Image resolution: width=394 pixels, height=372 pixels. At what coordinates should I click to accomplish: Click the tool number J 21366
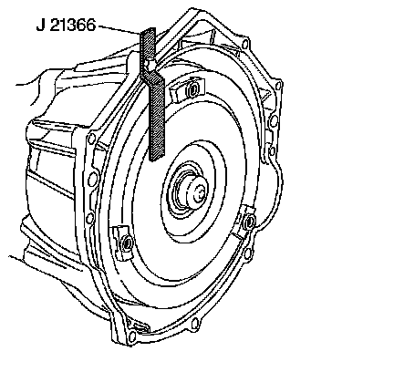coord(66,25)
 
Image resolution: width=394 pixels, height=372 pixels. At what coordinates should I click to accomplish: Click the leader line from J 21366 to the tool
coord(119,29)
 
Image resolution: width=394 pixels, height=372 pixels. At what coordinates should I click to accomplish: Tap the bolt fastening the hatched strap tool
coord(149,65)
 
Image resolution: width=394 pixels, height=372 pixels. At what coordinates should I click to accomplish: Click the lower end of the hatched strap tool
coord(158,158)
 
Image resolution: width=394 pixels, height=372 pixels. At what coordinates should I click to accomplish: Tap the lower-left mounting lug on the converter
coord(123,243)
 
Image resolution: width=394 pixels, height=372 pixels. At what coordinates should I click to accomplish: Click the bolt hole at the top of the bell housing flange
coord(245,45)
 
